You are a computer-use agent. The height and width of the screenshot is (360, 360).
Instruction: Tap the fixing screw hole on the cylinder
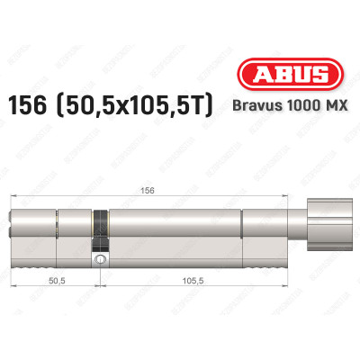[100, 260]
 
